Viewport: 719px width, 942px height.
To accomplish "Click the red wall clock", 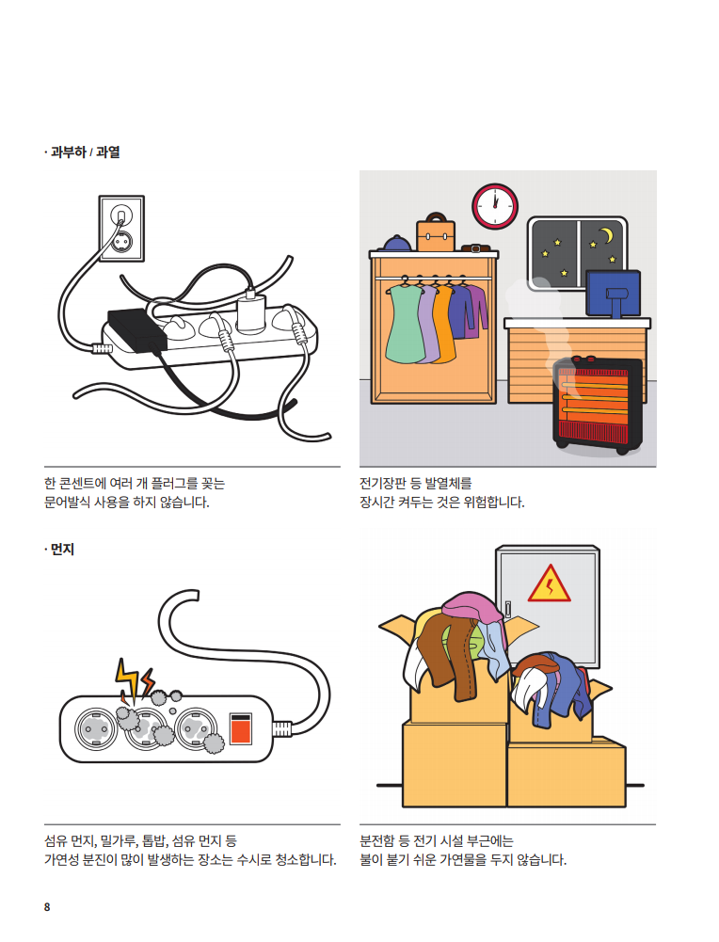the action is click(x=495, y=206).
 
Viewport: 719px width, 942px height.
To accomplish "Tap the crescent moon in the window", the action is click(x=607, y=235).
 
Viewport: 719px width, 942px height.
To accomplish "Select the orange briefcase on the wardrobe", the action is click(x=436, y=232).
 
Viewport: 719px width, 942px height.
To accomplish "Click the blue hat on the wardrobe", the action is click(x=398, y=244).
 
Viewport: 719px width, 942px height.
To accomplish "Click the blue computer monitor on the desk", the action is click(x=614, y=294).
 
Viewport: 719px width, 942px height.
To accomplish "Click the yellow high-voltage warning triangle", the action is click(x=549, y=583).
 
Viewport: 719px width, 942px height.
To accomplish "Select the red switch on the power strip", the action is click(x=241, y=728).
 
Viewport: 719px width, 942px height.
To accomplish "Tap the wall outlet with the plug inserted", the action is click(x=121, y=229).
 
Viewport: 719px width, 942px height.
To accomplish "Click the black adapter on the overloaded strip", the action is click(x=137, y=329).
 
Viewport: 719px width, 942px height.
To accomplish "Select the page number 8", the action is click(x=47, y=907).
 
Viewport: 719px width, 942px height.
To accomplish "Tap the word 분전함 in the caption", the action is click(x=376, y=840).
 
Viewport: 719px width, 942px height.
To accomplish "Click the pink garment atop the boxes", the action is click(x=473, y=607).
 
